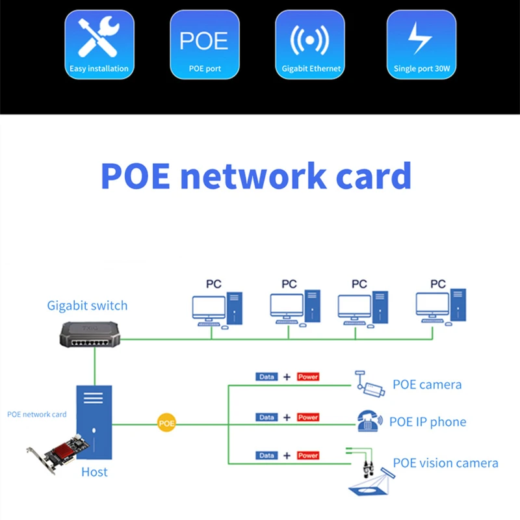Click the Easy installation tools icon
pos(99,37)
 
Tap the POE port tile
pos(205,44)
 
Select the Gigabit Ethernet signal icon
pos(310,40)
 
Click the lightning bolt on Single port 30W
pos(420,38)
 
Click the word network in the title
pos(253,175)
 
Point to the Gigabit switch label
pos(87,305)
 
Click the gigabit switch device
pos(90,334)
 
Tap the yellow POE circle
pos(166,423)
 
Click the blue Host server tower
pos(94,422)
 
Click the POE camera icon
pos(369,383)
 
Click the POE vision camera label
pos(445,463)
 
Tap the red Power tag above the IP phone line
pos(308,417)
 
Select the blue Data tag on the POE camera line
pos(266,377)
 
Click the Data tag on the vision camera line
pos(266,456)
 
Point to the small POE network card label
pos(37,414)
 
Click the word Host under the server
pos(94,472)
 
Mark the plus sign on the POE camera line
pos(287,377)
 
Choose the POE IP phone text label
pos(428,422)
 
